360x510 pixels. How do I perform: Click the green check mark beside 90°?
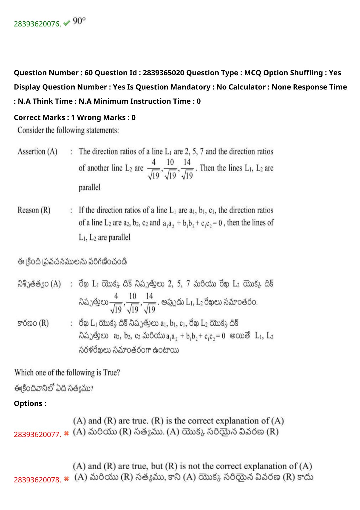tap(66, 23)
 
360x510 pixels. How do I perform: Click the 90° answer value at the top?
tap(79, 22)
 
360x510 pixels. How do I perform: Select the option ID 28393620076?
tap(37, 24)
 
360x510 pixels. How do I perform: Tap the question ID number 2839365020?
tap(163, 73)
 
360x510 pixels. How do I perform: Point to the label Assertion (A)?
tap(37, 151)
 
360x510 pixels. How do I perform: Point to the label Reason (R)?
tap(34, 210)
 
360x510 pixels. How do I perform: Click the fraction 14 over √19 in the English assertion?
tap(187, 169)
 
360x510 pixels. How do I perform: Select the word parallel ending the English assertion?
tap(89, 187)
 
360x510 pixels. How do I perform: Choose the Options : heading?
tap(30, 403)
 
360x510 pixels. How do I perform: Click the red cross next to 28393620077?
tap(66, 434)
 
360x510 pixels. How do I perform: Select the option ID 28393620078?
tap(37, 480)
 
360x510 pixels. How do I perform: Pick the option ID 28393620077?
tap(37, 434)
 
